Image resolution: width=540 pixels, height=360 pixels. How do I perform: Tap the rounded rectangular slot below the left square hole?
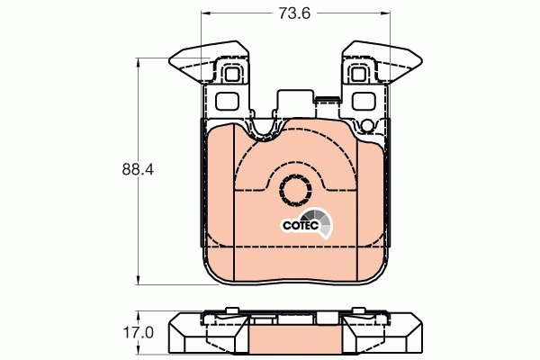tap(228, 100)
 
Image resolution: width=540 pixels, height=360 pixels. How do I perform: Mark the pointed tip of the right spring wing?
tap(418, 62)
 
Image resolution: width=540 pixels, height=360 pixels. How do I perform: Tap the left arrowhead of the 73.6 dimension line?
tap(202, 14)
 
